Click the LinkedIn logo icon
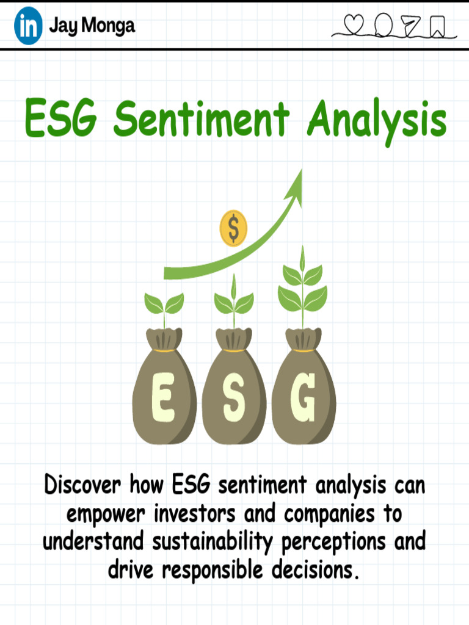pos(28,26)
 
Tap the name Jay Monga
pos(92,26)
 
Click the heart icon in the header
pos(354,24)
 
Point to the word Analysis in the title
pos(376,120)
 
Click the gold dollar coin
pos(233,228)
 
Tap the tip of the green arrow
pos(300,172)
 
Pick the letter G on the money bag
pos(304,398)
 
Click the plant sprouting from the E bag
pos(164,305)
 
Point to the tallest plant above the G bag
pos(302,287)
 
